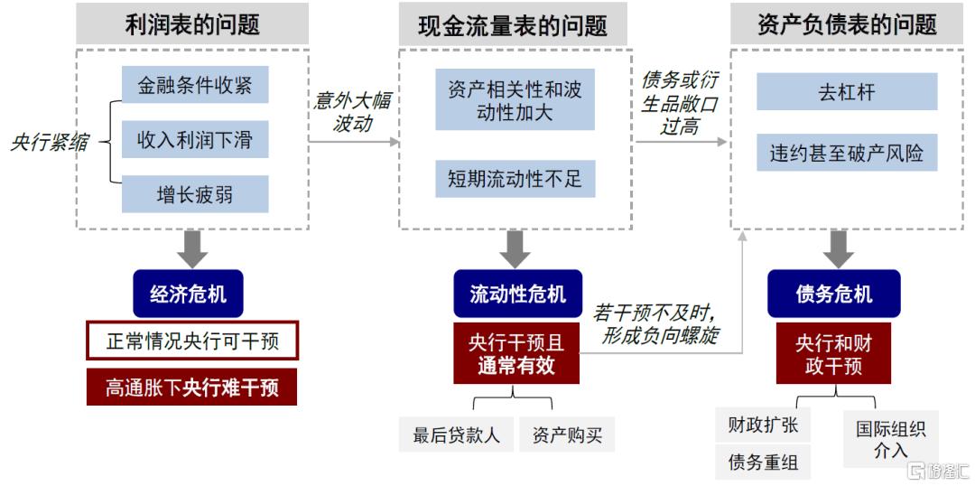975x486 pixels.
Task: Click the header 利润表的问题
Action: (x=191, y=24)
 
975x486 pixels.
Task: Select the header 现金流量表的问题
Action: (x=513, y=24)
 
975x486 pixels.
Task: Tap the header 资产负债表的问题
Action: (x=846, y=24)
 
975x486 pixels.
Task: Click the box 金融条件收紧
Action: (x=195, y=86)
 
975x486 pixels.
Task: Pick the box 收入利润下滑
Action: (x=195, y=140)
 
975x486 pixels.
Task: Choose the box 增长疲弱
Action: (x=195, y=193)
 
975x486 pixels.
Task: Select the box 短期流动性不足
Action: (x=515, y=179)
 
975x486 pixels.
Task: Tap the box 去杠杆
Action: (x=846, y=92)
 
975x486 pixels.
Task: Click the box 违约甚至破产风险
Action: (x=846, y=153)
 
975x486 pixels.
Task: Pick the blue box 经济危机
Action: (x=188, y=294)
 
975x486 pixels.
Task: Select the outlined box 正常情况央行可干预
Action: (x=192, y=342)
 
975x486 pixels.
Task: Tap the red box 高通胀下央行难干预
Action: (x=192, y=388)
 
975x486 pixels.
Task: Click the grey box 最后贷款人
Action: (x=456, y=435)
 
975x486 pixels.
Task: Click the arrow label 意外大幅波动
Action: (x=352, y=112)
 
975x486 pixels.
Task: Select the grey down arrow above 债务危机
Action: (x=838, y=248)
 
